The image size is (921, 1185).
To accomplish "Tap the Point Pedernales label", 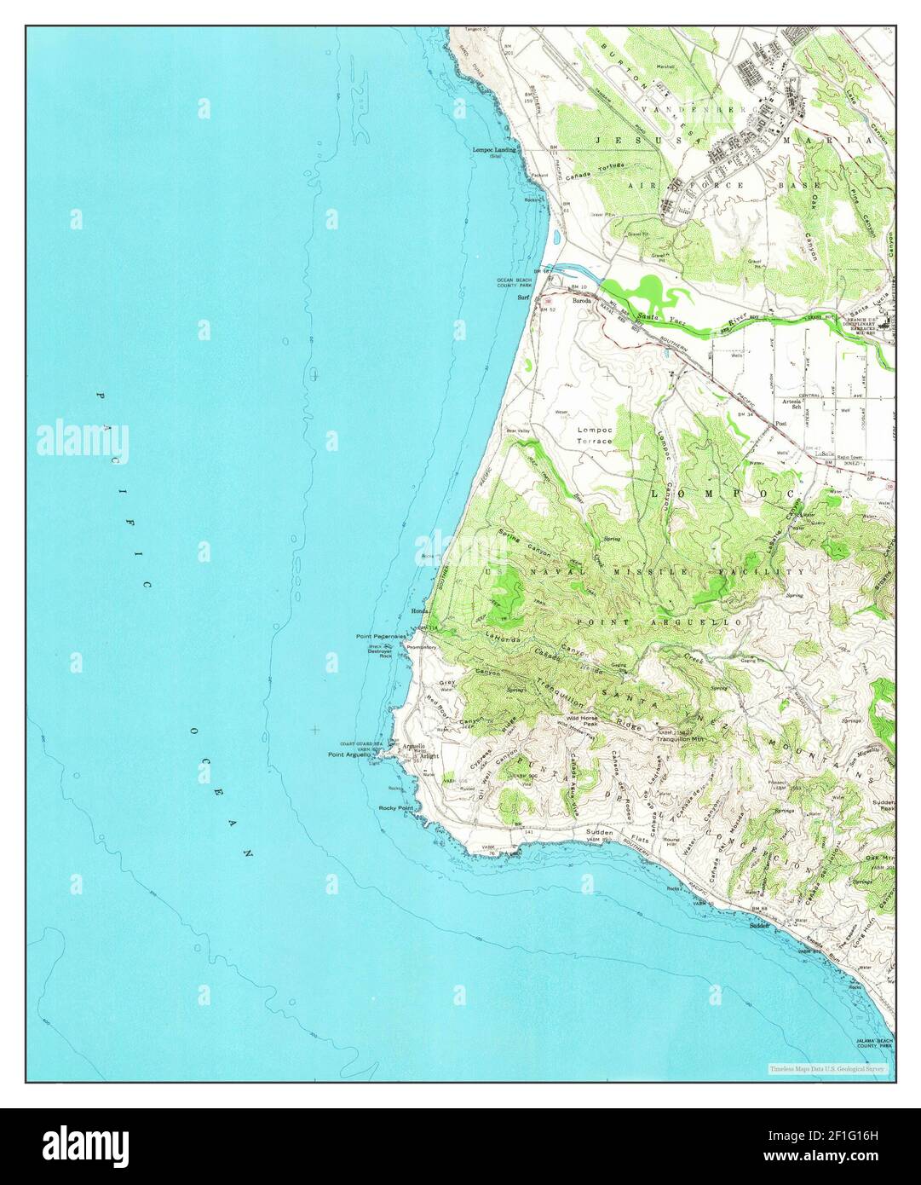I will click(381, 637).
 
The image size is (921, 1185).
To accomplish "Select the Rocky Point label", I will click(395, 807).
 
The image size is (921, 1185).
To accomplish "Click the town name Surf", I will click(525, 298).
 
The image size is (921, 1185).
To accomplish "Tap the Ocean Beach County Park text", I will click(515, 282).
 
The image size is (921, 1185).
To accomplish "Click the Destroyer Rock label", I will click(380, 651).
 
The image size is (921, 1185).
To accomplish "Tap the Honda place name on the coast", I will click(418, 611).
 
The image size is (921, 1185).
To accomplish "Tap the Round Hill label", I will click(673, 845).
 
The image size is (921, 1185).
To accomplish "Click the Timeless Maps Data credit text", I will click(826, 1068).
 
